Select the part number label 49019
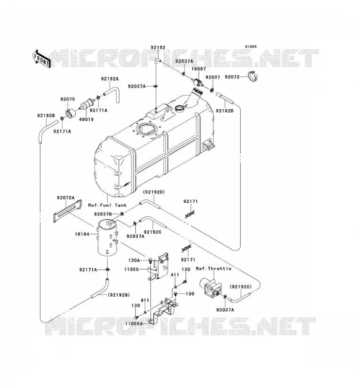86,119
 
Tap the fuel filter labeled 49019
88,103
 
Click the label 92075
67,99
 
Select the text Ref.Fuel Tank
107,205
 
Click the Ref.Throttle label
213,269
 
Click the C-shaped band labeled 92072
253,76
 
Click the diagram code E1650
251,47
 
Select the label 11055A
134,323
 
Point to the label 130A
134,260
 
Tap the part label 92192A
110,79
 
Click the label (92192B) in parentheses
118,295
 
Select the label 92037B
103,214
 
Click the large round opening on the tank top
147,129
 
